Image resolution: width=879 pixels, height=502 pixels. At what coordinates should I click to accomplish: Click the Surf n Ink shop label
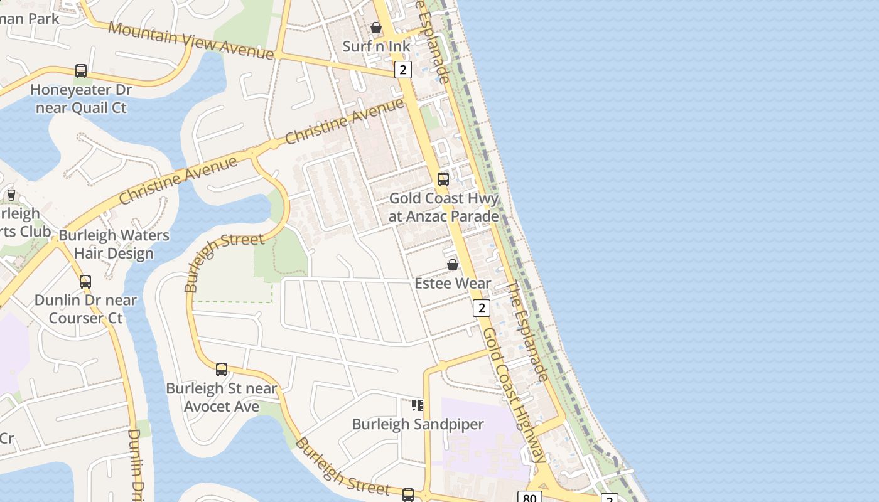point(376,46)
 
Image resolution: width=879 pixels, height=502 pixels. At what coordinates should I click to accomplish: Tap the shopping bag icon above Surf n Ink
point(376,28)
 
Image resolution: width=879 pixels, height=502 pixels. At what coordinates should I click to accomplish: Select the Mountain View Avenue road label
point(191,41)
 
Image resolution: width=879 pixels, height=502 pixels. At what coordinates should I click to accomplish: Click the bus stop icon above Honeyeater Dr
point(81,71)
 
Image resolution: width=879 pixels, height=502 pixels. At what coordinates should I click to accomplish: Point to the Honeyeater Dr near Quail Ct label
point(81,99)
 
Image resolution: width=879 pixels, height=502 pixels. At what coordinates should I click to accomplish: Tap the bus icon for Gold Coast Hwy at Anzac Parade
point(443,179)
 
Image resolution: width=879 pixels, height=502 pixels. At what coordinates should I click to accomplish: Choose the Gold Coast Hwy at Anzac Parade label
point(444,208)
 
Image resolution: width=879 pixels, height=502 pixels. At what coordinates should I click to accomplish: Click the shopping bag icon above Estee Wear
point(452,265)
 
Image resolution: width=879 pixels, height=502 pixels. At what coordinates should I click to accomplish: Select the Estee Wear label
point(452,284)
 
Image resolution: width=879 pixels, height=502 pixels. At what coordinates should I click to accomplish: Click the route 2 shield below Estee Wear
point(482,308)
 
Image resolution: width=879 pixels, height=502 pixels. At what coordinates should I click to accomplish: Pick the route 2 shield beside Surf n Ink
point(403,70)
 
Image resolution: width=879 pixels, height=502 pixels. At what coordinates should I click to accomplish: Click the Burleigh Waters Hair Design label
point(114,245)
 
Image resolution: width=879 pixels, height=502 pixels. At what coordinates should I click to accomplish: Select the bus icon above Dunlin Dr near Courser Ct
point(85,282)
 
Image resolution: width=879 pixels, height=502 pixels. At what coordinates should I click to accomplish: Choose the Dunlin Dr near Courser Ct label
point(85,309)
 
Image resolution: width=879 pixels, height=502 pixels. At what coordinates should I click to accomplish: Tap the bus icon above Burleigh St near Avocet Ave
point(221,370)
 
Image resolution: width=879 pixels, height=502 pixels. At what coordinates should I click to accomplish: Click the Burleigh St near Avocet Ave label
point(221,398)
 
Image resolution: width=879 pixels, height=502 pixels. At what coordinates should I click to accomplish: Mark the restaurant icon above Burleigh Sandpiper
point(418,405)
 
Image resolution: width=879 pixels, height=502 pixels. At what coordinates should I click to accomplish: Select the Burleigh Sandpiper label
point(418,424)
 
